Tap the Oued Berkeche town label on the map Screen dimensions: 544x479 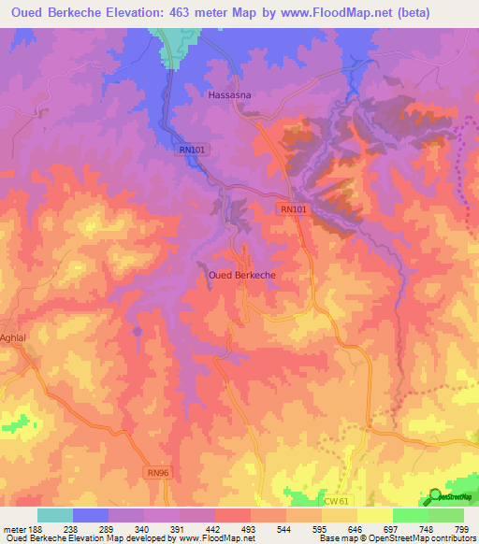pos(240,276)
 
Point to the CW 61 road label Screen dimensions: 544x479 pos(336,502)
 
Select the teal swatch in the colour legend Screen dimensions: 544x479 pos(55,515)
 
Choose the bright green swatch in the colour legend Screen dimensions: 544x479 pos(410,515)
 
